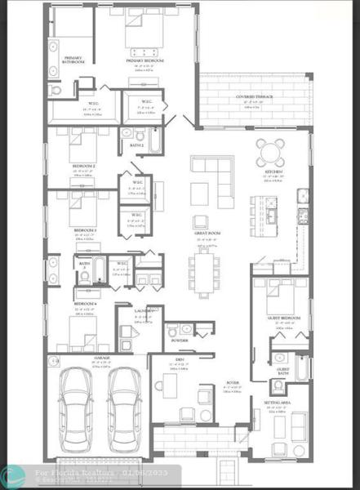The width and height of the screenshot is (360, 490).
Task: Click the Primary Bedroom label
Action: (x=144, y=60)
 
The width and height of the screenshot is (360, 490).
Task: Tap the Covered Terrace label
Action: (x=255, y=96)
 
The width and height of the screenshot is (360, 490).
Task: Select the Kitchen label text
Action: (x=273, y=172)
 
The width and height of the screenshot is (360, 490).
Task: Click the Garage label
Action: (x=101, y=358)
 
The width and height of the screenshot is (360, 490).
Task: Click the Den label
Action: (x=179, y=359)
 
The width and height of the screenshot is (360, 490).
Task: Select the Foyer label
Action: (x=233, y=381)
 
